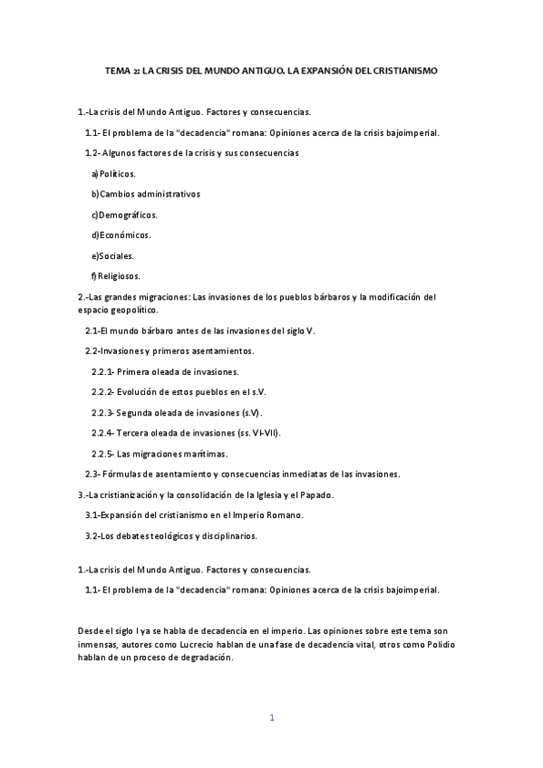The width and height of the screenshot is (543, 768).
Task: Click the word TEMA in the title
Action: tap(118, 70)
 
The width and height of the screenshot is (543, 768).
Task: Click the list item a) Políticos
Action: tap(113, 173)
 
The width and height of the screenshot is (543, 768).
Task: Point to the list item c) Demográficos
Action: tap(124, 215)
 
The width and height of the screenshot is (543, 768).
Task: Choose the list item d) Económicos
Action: tap(121, 235)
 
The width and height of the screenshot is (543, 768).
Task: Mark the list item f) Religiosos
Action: tap(115, 276)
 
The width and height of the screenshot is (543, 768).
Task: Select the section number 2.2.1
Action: tap(102, 371)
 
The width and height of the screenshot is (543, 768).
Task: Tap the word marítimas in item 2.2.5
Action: tap(202, 453)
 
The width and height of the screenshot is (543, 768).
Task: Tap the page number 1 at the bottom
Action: tap(271, 717)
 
